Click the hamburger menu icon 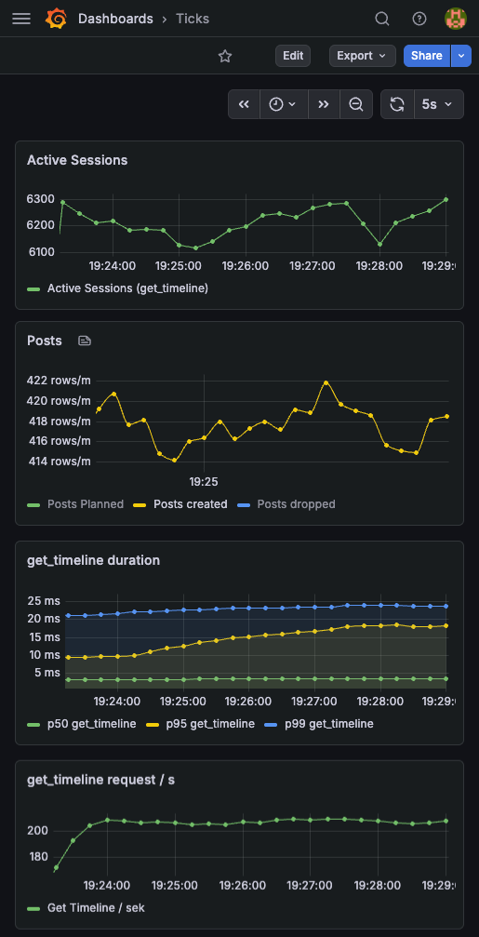click(x=21, y=19)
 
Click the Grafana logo click(x=56, y=19)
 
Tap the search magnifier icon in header click(x=382, y=19)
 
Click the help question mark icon click(x=419, y=19)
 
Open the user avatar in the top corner click(x=456, y=19)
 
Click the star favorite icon click(x=225, y=56)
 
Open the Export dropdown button click(x=362, y=56)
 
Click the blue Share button click(x=427, y=56)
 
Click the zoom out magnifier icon click(x=355, y=104)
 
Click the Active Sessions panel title click(x=77, y=160)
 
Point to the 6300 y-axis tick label click(x=41, y=199)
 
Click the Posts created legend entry click(x=190, y=504)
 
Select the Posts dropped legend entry click(x=296, y=504)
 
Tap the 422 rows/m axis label click(x=59, y=380)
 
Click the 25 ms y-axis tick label click(x=43, y=600)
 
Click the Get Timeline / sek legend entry click(x=96, y=907)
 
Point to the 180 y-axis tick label click(x=40, y=857)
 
